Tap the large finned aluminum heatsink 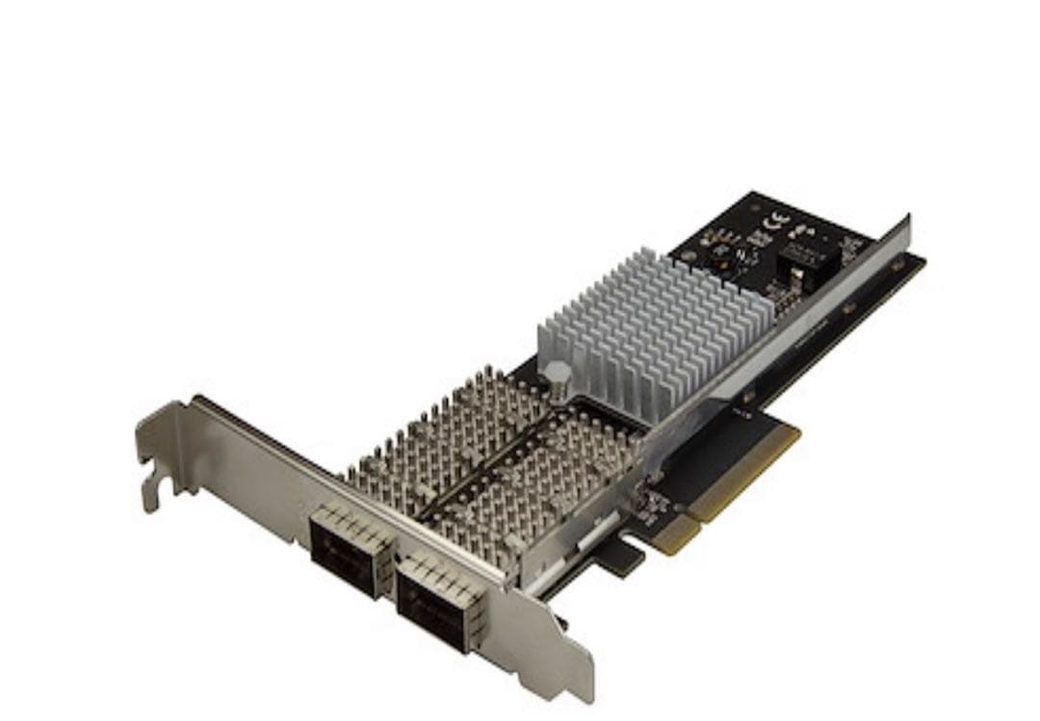click(x=655, y=317)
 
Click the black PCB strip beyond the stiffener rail click(x=867, y=298)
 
